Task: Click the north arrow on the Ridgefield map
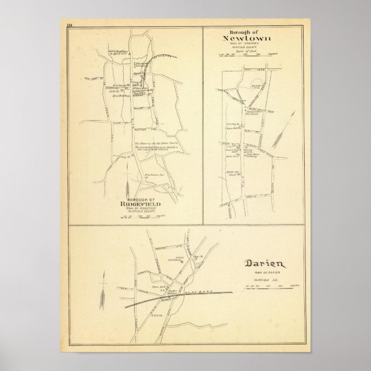click(x=127, y=183)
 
